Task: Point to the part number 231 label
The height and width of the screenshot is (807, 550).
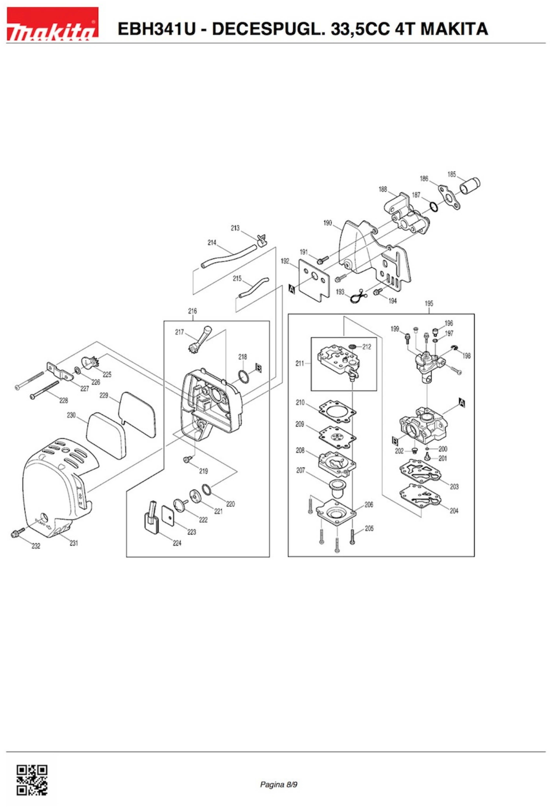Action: (x=74, y=543)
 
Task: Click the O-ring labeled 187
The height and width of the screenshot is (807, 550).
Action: (x=433, y=207)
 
